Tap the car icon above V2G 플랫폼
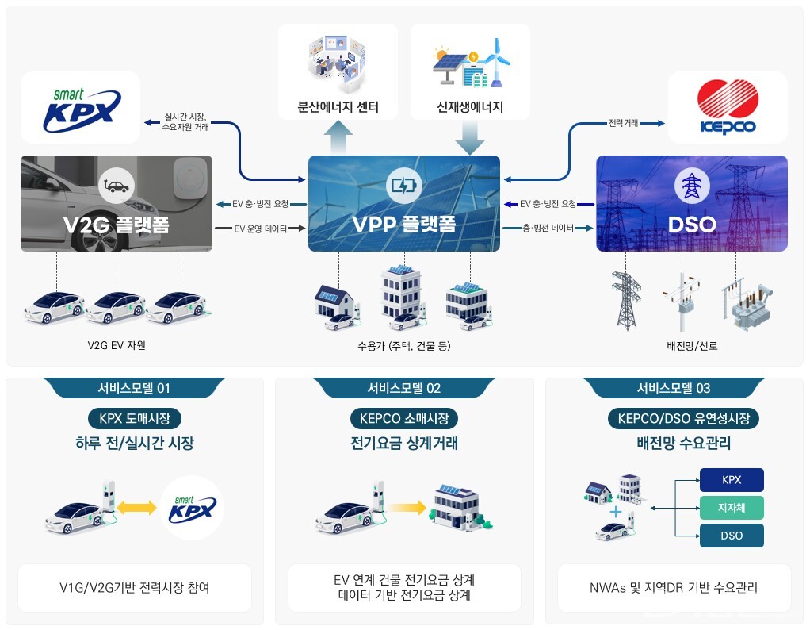[116, 186]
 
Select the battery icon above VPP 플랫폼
[403, 186]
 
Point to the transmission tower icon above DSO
[691, 186]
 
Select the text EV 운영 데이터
[259, 228]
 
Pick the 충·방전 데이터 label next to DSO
[548, 228]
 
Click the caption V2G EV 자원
[117, 345]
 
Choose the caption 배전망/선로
[692, 345]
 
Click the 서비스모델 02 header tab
[404, 388]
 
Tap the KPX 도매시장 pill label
[134, 418]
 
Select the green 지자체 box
[732, 507]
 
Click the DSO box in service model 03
[732, 536]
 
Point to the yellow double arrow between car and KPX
[136, 507]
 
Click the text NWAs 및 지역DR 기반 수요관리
[674, 588]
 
